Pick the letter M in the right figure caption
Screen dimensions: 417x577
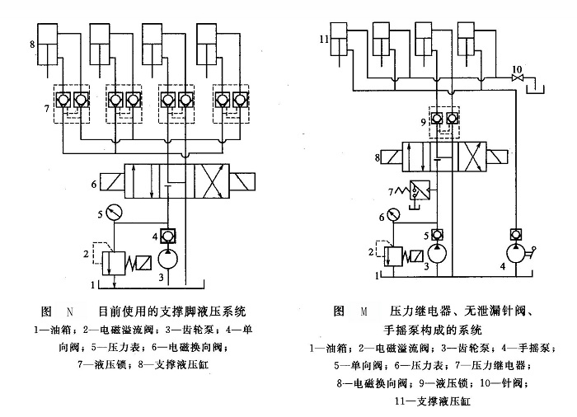point(364,312)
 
